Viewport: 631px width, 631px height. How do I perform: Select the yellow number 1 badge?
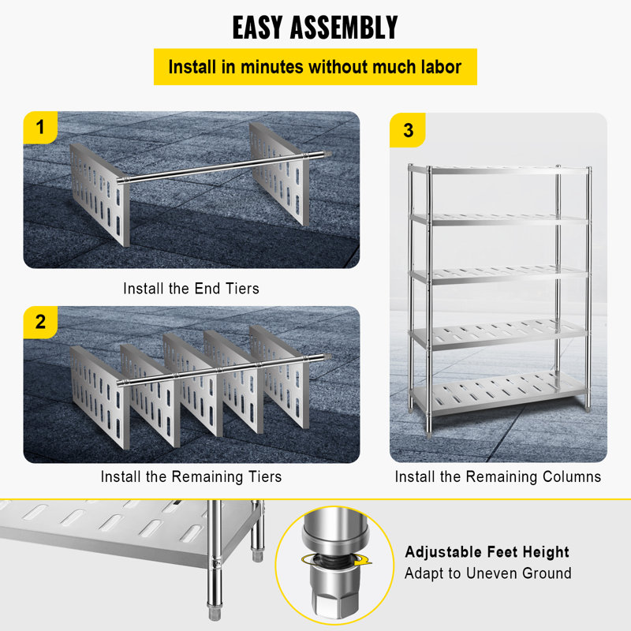click(40, 128)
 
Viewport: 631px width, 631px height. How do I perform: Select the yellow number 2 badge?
click(40, 322)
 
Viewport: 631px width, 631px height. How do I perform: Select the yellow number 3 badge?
click(407, 130)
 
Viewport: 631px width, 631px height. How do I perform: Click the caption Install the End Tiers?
click(191, 289)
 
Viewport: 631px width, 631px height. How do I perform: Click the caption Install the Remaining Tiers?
click(191, 476)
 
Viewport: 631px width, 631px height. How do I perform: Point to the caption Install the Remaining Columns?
click(498, 476)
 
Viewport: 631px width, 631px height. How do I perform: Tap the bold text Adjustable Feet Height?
click(487, 552)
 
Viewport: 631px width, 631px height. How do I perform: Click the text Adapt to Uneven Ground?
click(487, 573)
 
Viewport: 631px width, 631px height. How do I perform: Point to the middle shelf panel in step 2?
click(189, 379)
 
